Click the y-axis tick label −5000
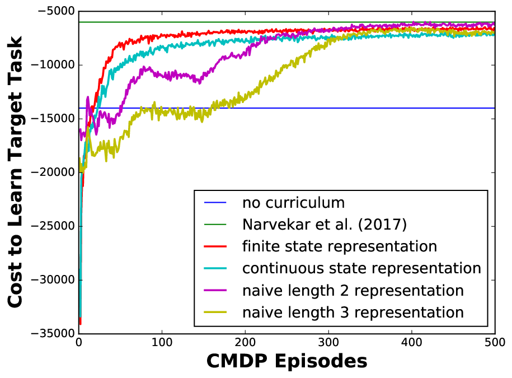[57, 11]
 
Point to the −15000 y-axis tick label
[53, 119]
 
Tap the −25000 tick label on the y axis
[53, 226]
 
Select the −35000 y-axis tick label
[53, 334]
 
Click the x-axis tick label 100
[162, 342]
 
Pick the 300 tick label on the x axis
[328, 342]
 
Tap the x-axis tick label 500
[495, 342]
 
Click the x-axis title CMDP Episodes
[287, 362]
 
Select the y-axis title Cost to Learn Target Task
[15, 172]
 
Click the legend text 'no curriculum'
[294, 203]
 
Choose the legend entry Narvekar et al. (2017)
[325, 225]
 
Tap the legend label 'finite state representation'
[340, 246]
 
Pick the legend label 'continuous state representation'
[362, 268]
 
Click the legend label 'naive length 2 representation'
[353, 291]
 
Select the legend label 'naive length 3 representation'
[353, 312]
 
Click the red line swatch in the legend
[215, 246]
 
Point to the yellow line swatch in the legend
[215, 312]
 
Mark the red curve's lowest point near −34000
[81, 324]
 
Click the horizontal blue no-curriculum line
[287, 108]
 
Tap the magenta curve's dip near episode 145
[199, 82]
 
